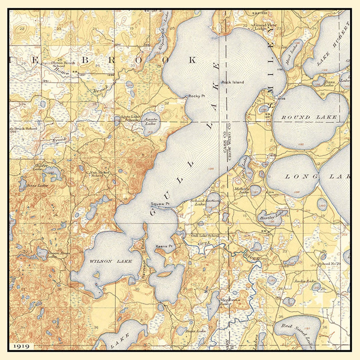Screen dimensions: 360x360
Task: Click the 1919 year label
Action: tap(22, 346)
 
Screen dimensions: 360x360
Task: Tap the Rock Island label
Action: tap(233, 82)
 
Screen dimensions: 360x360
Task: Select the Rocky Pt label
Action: tap(196, 96)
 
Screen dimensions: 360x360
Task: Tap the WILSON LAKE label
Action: tap(111, 261)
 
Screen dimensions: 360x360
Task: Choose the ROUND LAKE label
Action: tap(309, 117)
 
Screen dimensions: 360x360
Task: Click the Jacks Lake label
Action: tap(305, 281)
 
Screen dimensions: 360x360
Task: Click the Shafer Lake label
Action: tap(41, 167)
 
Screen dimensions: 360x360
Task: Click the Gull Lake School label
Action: tap(205, 235)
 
